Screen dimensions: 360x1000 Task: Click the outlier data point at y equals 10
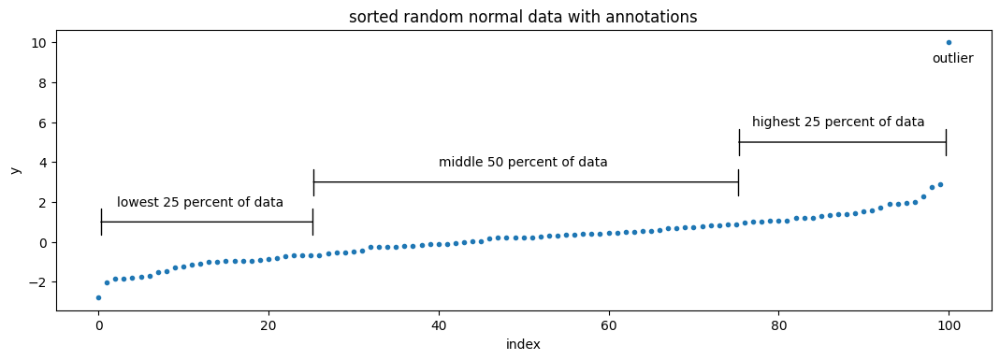[x=949, y=42]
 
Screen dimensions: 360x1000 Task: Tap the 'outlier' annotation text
[x=952, y=59]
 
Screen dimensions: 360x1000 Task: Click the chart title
[x=523, y=17]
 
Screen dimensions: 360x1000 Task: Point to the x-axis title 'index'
[x=523, y=344]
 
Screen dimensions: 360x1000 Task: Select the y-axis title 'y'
[x=15, y=169]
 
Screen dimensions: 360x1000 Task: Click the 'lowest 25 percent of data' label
[x=200, y=203]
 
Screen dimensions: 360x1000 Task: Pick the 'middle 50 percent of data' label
[x=523, y=163]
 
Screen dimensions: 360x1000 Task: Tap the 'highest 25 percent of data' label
[x=838, y=122]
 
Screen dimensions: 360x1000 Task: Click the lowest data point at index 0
[x=98, y=297]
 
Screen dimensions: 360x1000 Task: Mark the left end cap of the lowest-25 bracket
[x=101, y=222]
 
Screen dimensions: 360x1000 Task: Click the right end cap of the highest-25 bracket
[x=946, y=142]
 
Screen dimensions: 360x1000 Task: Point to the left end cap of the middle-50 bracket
[x=313, y=182]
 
